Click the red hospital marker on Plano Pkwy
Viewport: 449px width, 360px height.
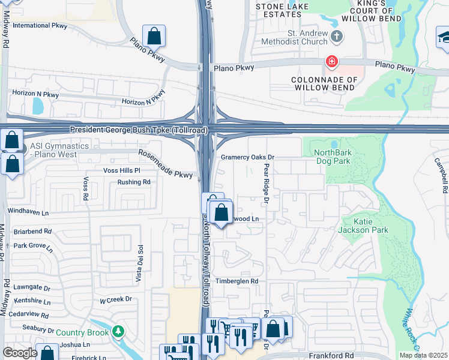point(331,61)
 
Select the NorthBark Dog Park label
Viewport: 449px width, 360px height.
point(333,157)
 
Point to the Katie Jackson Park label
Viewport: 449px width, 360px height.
point(363,225)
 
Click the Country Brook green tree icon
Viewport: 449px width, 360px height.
point(118,331)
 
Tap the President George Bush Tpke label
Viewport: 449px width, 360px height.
point(139,130)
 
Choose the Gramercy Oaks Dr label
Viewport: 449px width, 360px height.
point(247,157)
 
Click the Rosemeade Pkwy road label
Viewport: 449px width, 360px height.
point(166,163)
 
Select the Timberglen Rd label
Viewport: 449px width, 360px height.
point(237,280)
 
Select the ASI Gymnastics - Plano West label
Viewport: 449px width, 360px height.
point(59,150)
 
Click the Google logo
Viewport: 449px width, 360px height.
point(20,353)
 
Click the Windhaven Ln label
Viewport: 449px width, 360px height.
point(28,211)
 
